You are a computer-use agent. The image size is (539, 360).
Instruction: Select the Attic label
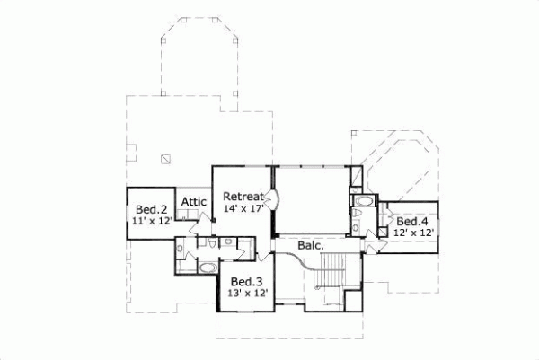point(195,202)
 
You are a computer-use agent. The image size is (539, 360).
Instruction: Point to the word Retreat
point(243,197)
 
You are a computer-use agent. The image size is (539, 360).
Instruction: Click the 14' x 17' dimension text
point(243,209)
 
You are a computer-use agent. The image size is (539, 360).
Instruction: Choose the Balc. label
point(311,244)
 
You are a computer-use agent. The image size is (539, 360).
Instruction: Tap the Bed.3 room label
point(245,281)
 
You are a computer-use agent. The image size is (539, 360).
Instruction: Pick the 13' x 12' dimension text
point(245,293)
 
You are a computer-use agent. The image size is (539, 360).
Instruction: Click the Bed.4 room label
point(412,221)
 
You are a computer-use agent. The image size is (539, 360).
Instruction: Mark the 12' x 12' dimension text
point(413,233)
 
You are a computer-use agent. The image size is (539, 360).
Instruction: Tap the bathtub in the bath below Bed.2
point(206,268)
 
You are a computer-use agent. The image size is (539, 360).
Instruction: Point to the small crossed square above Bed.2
point(165,159)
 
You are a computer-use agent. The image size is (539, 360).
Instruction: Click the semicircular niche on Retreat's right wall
point(271,200)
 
